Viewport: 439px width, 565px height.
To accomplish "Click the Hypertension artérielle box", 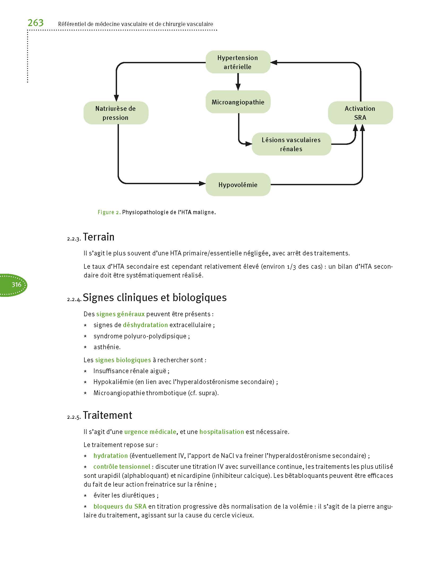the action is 238,62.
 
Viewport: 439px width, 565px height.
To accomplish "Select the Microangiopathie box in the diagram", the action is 238,102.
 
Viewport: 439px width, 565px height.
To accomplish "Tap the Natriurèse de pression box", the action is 116,113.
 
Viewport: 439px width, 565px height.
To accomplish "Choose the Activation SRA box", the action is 360,113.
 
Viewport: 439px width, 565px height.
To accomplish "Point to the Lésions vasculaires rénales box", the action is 291,144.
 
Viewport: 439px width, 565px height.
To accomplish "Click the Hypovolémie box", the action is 238,184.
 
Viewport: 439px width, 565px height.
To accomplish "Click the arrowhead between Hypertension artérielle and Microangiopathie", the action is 238,87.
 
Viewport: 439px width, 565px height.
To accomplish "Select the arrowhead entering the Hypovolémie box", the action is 202,183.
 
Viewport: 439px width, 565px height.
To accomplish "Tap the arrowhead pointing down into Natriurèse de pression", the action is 116,98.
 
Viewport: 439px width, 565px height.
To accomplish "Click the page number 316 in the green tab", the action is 16,285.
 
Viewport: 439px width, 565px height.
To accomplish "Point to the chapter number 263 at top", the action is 36,23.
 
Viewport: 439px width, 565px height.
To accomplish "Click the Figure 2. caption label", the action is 109,212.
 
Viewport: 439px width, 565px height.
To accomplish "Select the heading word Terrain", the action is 98,237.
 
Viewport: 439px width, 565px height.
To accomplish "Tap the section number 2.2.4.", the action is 74,300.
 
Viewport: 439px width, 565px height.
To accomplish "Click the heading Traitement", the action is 107,415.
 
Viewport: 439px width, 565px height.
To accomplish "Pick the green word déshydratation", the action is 145,325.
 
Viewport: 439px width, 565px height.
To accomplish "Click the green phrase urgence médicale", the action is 150,432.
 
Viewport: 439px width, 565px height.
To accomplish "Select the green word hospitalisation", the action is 222,432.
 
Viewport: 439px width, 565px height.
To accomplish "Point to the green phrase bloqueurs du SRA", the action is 120,506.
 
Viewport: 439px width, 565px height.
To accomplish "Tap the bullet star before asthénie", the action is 85,347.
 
